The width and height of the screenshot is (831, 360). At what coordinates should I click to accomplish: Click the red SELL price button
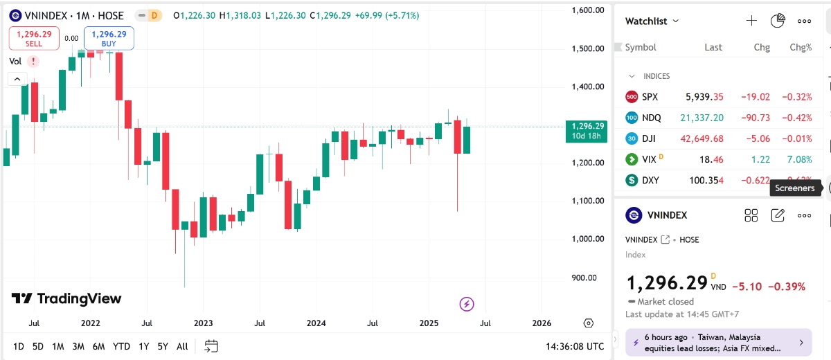pos(34,38)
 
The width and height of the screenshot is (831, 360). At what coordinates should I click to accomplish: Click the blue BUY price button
pos(109,38)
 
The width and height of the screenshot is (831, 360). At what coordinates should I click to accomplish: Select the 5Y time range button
pos(162,346)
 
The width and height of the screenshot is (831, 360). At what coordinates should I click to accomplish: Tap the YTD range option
pos(121,346)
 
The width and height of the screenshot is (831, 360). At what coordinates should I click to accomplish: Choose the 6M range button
pos(98,346)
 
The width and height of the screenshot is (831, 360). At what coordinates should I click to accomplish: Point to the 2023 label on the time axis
pos(203,323)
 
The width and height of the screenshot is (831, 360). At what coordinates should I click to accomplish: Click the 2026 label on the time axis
pos(542,323)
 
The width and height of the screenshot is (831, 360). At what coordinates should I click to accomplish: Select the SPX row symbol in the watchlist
pos(650,97)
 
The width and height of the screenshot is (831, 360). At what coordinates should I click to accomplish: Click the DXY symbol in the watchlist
pos(650,180)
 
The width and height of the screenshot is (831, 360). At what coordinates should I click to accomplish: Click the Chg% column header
pos(801,48)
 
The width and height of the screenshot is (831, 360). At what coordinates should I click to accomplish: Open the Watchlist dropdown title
pos(652,21)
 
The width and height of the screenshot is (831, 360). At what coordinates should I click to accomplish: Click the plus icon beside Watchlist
pos(751,21)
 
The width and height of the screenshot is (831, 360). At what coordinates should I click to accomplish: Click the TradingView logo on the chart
pos(66,299)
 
